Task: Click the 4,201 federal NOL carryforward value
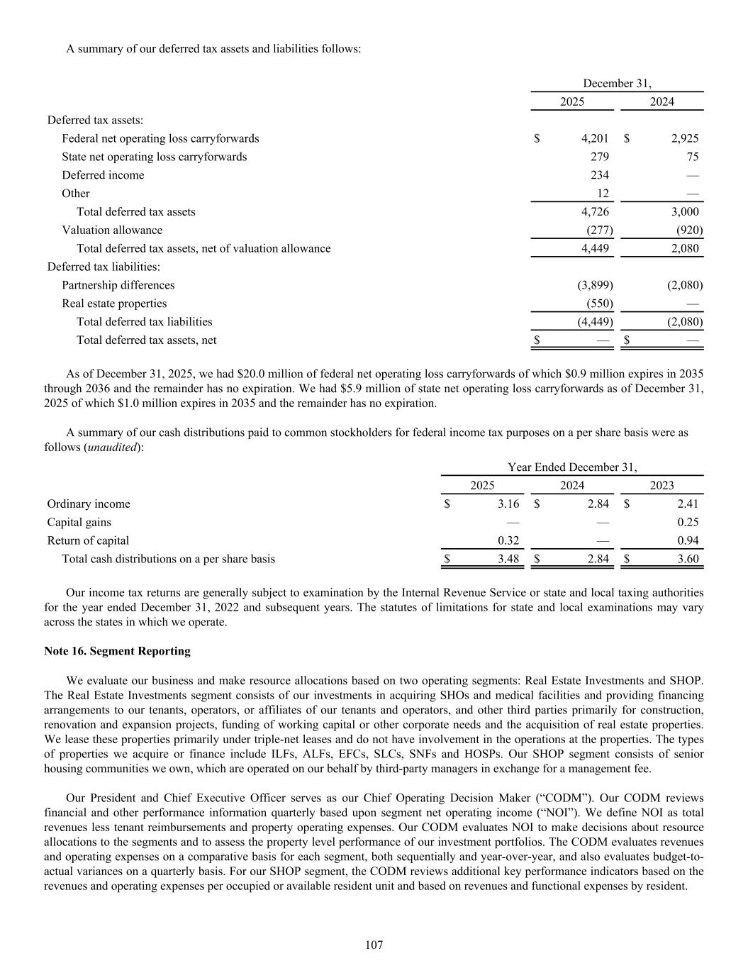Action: tap(594, 138)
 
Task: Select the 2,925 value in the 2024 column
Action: tap(684, 138)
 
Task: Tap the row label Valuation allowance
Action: tap(112, 230)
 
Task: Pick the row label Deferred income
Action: tap(103, 175)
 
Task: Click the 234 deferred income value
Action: tap(599, 175)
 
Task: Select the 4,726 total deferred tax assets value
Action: tap(594, 211)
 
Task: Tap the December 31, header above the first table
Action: tap(617, 84)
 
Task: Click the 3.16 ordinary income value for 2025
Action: tap(508, 504)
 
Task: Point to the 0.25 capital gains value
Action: tap(688, 522)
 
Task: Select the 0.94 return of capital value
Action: tap(688, 540)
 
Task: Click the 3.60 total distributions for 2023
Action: tap(688, 559)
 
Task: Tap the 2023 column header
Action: tap(662, 485)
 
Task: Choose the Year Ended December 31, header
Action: tap(572, 467)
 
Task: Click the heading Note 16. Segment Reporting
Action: tap(117, 650)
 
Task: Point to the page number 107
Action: tap(374, 945)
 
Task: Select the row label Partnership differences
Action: tap(118, 285)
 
